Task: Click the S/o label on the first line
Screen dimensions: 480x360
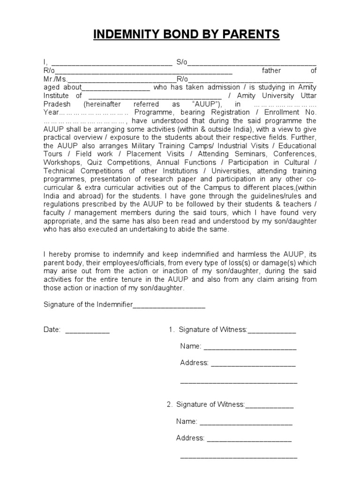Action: point(181,62)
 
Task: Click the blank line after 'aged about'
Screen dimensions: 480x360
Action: point(116,88)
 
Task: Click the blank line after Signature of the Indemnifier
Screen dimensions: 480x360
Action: point(169,305)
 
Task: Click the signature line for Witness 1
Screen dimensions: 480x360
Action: point(272,330)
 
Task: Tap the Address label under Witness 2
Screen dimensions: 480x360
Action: point(190,438)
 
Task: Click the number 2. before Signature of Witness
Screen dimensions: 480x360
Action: point(170,405)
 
